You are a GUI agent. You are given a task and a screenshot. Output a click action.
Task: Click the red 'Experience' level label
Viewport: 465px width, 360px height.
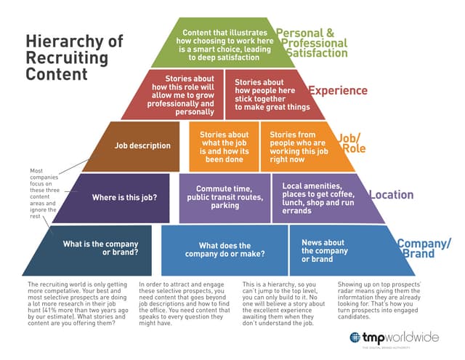click(338, 92)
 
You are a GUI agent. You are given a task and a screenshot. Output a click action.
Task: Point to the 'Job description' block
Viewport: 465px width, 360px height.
click(142, 145)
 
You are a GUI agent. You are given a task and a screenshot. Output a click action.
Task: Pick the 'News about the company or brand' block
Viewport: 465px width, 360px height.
click(331, 251)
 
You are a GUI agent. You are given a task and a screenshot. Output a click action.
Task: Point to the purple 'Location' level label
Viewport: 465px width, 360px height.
click(392, 195)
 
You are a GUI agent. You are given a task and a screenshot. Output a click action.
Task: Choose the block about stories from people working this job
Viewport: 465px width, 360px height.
click(299, 145)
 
